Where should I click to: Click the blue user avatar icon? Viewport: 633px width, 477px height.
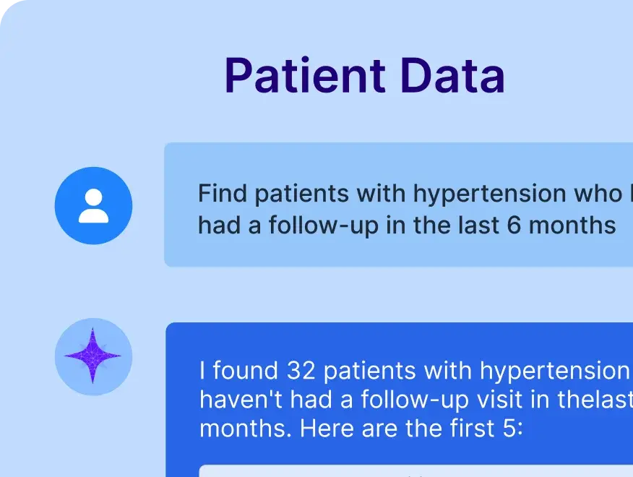click(93, 205)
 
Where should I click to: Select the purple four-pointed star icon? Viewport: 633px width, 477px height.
click(93, 356)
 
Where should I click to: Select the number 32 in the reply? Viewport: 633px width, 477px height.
click(301, 371)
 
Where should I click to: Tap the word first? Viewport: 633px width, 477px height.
click(474, 428)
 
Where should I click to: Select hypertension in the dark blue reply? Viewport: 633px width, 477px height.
click(555, 371)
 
